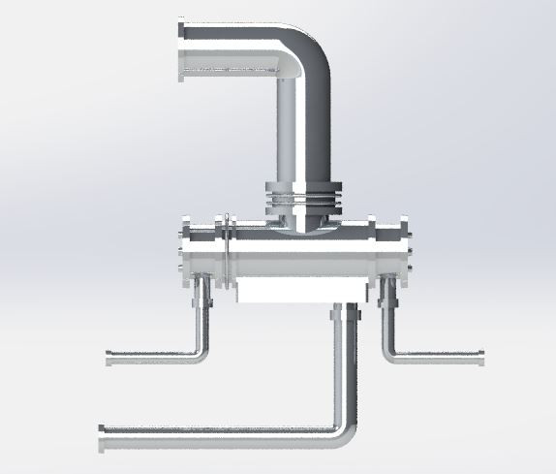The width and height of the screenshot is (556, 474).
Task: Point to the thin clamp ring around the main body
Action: pyautogui.click(x=225, y=252)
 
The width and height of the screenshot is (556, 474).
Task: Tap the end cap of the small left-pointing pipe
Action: pyautogui.click(x=108, y=359)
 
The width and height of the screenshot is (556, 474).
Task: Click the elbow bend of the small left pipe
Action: pyautogui.click(x=201, y=352)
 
